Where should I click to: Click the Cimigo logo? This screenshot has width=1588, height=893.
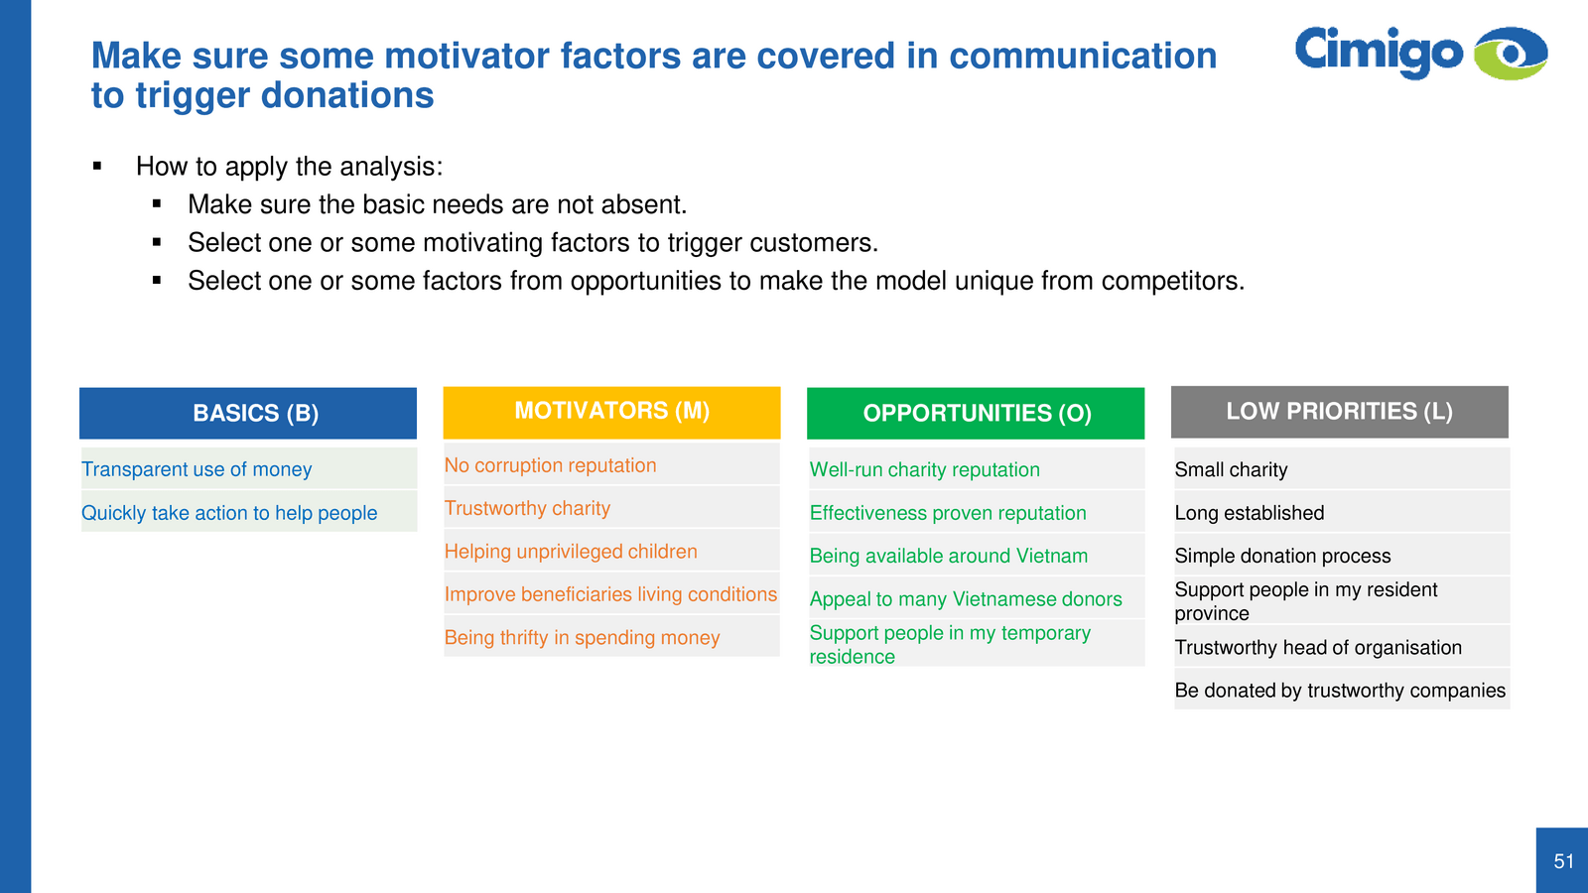(1420, 53)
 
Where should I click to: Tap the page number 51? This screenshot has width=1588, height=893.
(1564, 861)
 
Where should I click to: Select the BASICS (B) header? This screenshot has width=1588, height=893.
(248, 413)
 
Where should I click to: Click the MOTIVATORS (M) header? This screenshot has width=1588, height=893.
(611, 412)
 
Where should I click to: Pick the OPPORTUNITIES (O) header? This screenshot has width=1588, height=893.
(976, 413)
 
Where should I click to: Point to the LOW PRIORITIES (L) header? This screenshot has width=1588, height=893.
(1339, 412)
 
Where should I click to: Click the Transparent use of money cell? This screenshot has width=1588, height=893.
(249, 468)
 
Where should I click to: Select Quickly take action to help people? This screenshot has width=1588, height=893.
(249, 512)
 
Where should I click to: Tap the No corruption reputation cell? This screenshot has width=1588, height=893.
(611, 464)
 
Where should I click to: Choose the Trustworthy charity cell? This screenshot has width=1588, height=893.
(611, 507)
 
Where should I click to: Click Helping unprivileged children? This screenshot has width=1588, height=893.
(611, 551)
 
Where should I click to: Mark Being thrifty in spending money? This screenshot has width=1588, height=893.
(611, 636)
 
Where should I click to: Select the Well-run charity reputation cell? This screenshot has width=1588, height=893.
(977, 468)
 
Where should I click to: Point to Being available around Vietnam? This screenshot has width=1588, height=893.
(977, 555)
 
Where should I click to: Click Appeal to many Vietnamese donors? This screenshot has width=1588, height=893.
(977, 598)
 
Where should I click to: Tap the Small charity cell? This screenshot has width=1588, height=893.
(1342, 468)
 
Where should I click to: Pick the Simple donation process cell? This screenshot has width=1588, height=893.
(1342, 555)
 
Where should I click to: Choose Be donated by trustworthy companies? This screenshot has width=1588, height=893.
(1342, 690)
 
